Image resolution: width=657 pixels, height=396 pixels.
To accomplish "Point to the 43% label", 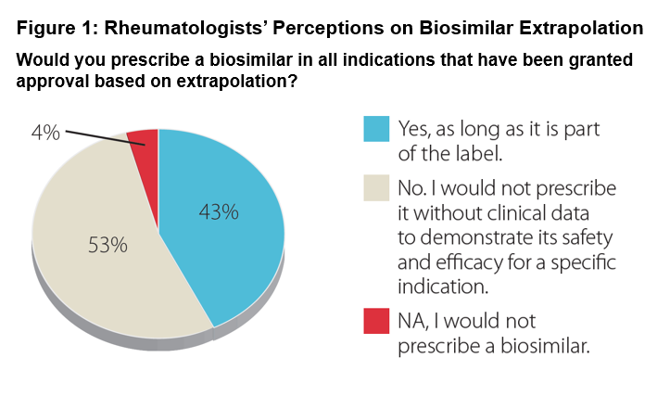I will tap(219, 212).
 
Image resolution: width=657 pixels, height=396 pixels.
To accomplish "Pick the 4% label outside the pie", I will tap(44, 133).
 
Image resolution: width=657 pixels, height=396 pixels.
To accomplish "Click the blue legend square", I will tap(374, 129).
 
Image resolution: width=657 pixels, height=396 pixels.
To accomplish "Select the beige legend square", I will tap(374, 188).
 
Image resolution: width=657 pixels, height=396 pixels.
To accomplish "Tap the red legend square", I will tap(374, 321).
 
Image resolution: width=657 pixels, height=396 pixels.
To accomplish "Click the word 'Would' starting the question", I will tap(41, 60).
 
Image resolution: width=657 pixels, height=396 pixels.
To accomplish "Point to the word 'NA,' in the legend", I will tap(414, 322).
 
